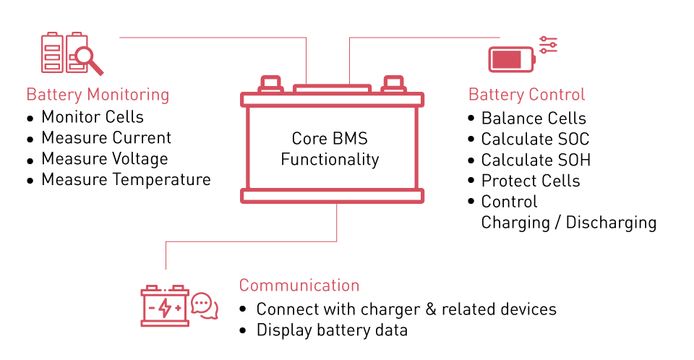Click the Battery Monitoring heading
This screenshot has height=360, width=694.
coord(98,95)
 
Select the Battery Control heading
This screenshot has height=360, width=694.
coord(526,95)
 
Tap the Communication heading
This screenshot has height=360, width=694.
coord(299,285)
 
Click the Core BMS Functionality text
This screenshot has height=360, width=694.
coord(330,149)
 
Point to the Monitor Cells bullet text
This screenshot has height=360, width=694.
coord(93,117)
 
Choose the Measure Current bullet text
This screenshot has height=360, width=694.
coord(106,138)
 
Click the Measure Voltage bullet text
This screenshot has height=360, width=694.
coord(105,158)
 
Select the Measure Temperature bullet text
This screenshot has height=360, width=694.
coord(126,179)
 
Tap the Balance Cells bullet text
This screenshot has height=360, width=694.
coord(534,119)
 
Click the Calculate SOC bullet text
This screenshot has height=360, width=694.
coord(535,139)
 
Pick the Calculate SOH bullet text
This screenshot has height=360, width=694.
coord(536,160)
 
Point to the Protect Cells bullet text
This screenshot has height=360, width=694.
coord(531,181)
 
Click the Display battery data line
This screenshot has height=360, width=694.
coord(332,330)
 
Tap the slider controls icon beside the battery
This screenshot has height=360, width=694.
coord(549,45)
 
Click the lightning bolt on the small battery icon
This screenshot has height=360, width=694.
coord(165,308)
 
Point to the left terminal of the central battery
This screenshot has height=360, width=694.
coord(270,83)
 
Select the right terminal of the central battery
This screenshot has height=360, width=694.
coord(393,83)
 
